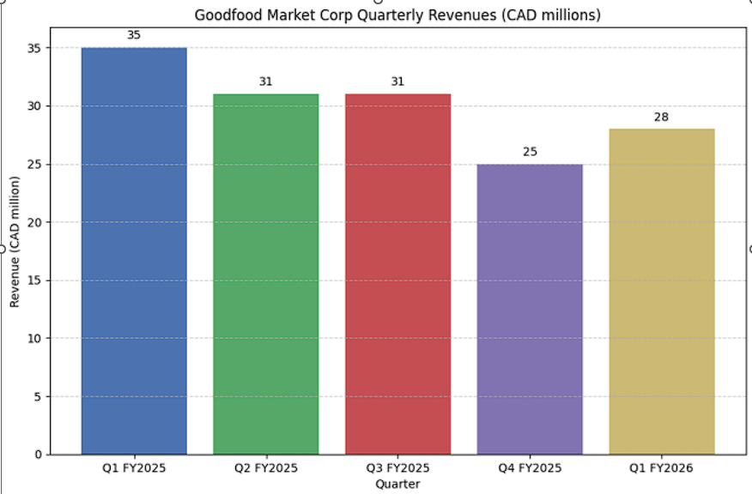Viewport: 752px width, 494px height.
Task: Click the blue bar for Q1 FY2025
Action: pyautogui.click(x=134, y=250)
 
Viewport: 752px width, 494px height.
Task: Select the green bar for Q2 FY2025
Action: pyautogui.click(x=266, y=274)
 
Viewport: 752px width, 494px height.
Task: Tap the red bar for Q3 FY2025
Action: pyautogui.click(x=397, y=274)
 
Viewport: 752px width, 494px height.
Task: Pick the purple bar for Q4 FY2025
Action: pyautogui.click(x=530, y=309)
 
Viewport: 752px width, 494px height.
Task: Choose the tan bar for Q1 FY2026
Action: pyautogui.click(x=662, y=291)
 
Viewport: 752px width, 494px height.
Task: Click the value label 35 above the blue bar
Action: pyautogui.click(x=134, y=35)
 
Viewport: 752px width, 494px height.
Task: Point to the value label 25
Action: pyautogui.click(x=530, y=152)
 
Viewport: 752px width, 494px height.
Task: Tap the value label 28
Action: pyautogui.click(x=662, y=117)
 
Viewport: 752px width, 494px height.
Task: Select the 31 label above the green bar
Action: pyautogui.click(x=266, y=81)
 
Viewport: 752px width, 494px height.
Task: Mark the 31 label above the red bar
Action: pyautogui.click(x=397, y=81)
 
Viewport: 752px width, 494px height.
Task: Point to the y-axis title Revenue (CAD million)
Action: pyautogui.click(x=15, y=242)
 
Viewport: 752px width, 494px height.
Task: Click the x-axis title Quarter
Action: pyautogui.click(x=397, y=485)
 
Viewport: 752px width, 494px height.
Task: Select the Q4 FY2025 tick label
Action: pyautogui.click(x=530, y=468)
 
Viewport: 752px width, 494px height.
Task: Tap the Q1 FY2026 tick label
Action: pyautogui.click(x=662, y=468)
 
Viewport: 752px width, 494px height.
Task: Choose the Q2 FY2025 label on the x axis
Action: pyautogui.click(x=266, y=468)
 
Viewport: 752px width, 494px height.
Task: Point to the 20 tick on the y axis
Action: pyautogui.click(x=33, y=222)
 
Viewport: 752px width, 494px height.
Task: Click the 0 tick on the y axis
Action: pyautogui.click(x=36, y=455)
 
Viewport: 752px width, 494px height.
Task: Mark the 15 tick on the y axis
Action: pyautogui.click(x=33, y=280)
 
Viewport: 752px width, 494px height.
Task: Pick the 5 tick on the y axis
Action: pyautogui.click(x=36, y=396)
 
